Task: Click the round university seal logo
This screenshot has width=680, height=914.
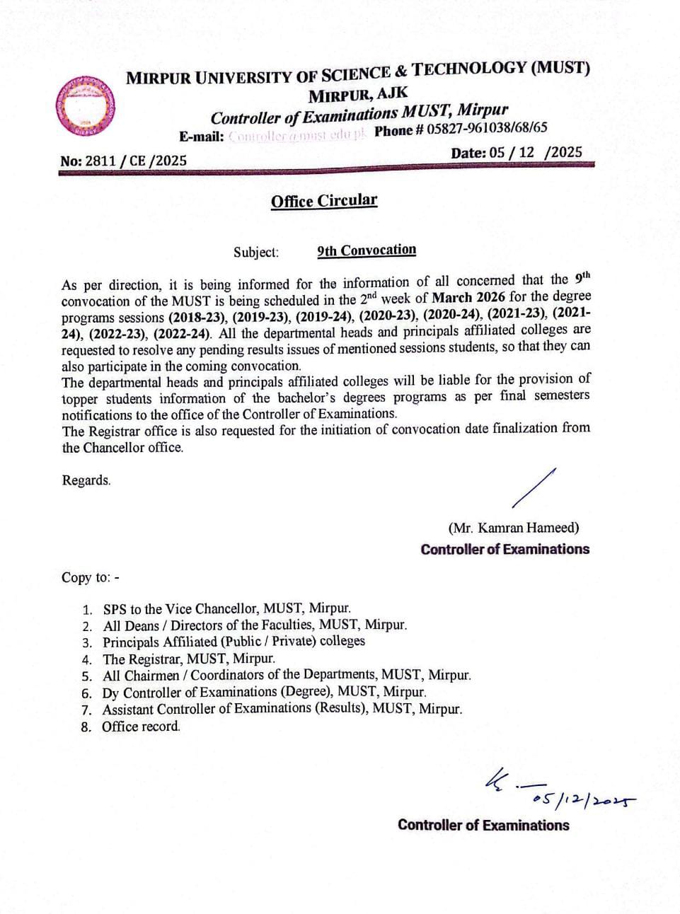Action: pyautogui.click(x=86, y=105)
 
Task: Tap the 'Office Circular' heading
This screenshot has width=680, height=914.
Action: pyautogui.click(x=324, y=201)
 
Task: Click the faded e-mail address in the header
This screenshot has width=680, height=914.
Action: pyautogui.click(x=297, y=134)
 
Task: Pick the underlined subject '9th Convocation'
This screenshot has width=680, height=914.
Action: pyautogui.click(x=367, y=250)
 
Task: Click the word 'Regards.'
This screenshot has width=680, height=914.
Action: pyautogui.click(x=86, y=480)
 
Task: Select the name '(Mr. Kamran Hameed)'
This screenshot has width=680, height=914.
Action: pyautogui.click(x=513, y=528)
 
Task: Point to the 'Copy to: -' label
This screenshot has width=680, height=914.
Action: pyautogui.click(x=90, y=577)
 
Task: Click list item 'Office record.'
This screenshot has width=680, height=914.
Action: pyautogui.click(x=141, y=727)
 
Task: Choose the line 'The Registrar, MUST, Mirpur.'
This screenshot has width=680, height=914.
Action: pyautogui.click(x=189, y=659)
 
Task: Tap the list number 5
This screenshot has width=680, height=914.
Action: pyautogui.click(x=87, y=676)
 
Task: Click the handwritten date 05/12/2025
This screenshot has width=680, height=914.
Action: pyautogui.click(x=584, y=799)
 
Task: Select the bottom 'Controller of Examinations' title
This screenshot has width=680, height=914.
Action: pyautogui.click(x=483, y=825)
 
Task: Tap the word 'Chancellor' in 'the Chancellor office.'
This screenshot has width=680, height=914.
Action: pyautogui.click(x=114, y=448)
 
